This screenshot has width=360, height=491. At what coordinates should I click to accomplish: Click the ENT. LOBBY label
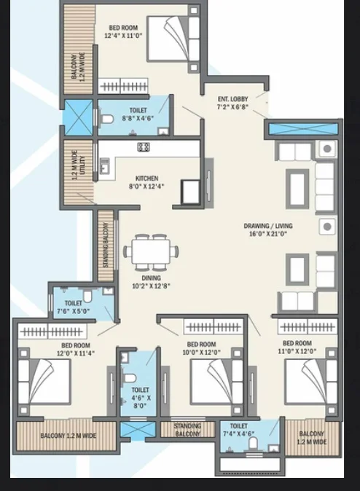(x=232, y=99)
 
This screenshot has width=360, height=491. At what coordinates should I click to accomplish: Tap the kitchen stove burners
(x=144, y=147)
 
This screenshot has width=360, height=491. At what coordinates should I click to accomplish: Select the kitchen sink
(x=104, y=165)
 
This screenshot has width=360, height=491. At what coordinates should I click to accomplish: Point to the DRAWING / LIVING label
(x=268, y=226)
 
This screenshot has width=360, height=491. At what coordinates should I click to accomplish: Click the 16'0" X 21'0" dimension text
(x=268, y=234)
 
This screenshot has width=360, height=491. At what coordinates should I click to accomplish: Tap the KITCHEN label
(x=146, y=178)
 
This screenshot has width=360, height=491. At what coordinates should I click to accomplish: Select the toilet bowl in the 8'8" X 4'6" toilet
(x=106, y=119)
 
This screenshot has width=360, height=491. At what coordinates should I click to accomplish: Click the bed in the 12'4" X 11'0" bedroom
(x=173, y=39)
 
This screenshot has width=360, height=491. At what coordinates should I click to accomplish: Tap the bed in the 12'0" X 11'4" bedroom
(x=44, y=382)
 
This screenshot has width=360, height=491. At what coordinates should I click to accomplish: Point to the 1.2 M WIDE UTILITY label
(x=79, y=165)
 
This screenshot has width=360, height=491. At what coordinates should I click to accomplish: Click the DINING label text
(x=151, y=278)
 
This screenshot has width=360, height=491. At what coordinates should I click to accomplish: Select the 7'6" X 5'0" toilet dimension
(x=74, y=311)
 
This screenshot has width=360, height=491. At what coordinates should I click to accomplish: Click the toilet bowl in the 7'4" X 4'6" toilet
(x=253, y=443)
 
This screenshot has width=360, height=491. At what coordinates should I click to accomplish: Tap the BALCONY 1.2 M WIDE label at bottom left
(x=69, y=436)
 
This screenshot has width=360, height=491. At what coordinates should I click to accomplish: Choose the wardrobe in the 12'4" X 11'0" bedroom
(x=123, y=86)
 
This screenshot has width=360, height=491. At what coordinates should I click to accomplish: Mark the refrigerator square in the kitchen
(x=190, y=192)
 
